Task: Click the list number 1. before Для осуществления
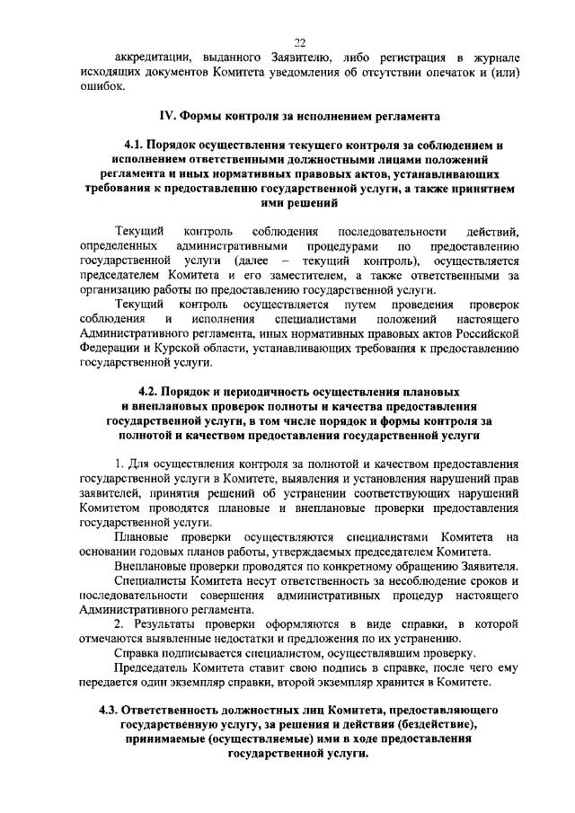120,463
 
